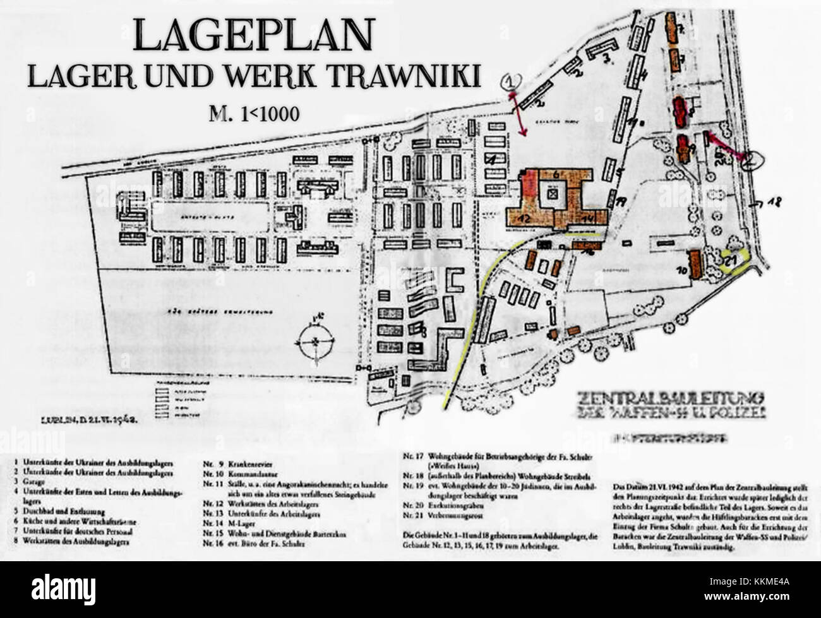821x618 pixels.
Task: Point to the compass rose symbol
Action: coord(314,341)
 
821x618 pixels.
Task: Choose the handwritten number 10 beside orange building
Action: coord(681,270)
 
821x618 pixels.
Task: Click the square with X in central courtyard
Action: coord(553,195)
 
